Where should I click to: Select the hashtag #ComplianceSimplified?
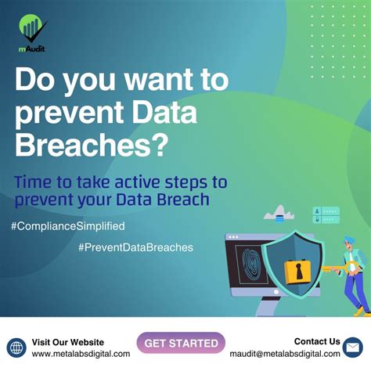pyautogui.click(x=68, y=225)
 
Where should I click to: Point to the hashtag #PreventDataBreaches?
pyautogui.click(x=135, y=247)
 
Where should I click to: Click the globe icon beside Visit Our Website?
pyautogui.click(x=16, y=347)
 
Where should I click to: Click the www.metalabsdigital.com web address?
pyautogui.click(x=81, y=354)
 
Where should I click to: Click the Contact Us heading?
pyautogui.click(x=317, y=341)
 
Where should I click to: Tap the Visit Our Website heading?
pyautogui.click(x=67, y=342)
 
